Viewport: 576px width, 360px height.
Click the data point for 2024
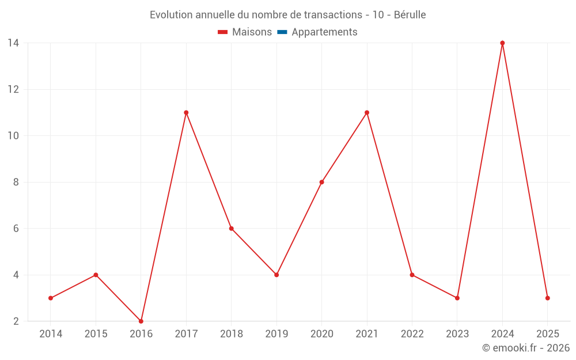(502, 43)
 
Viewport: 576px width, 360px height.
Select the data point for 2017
(186, 113)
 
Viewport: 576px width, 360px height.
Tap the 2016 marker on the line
(141, 321)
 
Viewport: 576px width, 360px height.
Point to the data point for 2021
(367, 113)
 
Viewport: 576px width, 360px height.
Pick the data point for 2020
(321, 182)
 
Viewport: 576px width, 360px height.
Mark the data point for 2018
(232, 229)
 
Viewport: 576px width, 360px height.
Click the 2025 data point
(547, 298)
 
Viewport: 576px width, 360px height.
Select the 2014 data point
(51, 298)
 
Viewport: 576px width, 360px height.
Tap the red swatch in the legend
(223, 32)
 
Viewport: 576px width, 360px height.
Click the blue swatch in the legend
(282, 32)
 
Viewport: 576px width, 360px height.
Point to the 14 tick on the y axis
(13, 43)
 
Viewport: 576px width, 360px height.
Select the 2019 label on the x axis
(276, 334)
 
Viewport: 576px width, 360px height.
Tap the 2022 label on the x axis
(412, 334)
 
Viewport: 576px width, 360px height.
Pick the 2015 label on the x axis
(96, 334)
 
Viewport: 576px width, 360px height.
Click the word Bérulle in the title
(410, 15)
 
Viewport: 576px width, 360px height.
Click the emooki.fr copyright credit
(526, 348)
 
